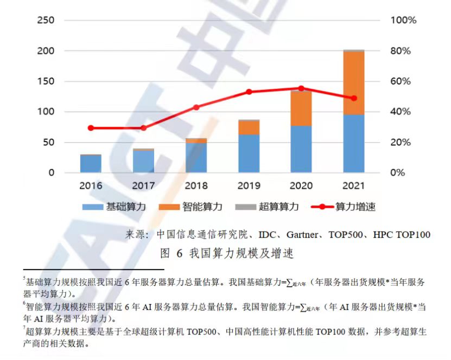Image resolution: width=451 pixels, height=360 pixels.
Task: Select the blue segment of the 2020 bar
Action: point(301,149)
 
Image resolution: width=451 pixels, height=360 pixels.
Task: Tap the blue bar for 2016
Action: point(91,164)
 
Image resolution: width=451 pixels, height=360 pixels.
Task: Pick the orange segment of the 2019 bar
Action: point(249,127)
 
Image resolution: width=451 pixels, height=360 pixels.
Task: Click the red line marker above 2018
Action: point(196,107)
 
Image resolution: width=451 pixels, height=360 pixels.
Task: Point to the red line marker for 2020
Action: point(301,88)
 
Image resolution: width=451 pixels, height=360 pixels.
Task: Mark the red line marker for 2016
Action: point(91,128)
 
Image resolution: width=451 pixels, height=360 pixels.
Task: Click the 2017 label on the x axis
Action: point(143,185)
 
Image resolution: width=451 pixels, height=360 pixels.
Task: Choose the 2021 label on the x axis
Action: point(353,185)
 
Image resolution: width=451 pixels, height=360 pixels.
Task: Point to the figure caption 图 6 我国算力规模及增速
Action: point(227,253)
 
